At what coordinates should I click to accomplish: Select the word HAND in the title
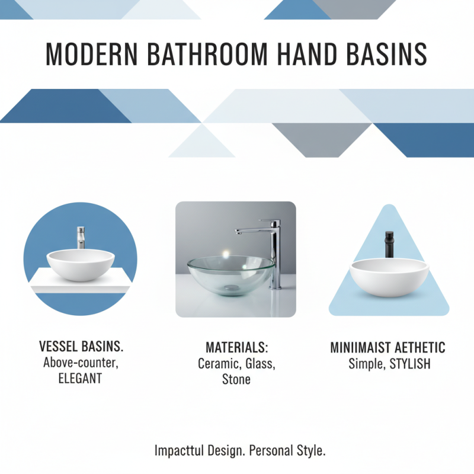pos(305,55)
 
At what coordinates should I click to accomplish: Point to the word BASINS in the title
pos(386,55)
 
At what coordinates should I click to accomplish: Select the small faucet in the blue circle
pos(81,237)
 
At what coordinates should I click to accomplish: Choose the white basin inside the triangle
pos(389,277)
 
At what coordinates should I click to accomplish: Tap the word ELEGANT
pos(81,378)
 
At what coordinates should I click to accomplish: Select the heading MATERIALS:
pos(236,347)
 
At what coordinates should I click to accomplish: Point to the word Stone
pos(236,379)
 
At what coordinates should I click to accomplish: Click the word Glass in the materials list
pos(260,363)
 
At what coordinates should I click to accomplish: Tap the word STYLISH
pos(410,363)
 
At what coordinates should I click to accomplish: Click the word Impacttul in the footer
pos(180,450)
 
